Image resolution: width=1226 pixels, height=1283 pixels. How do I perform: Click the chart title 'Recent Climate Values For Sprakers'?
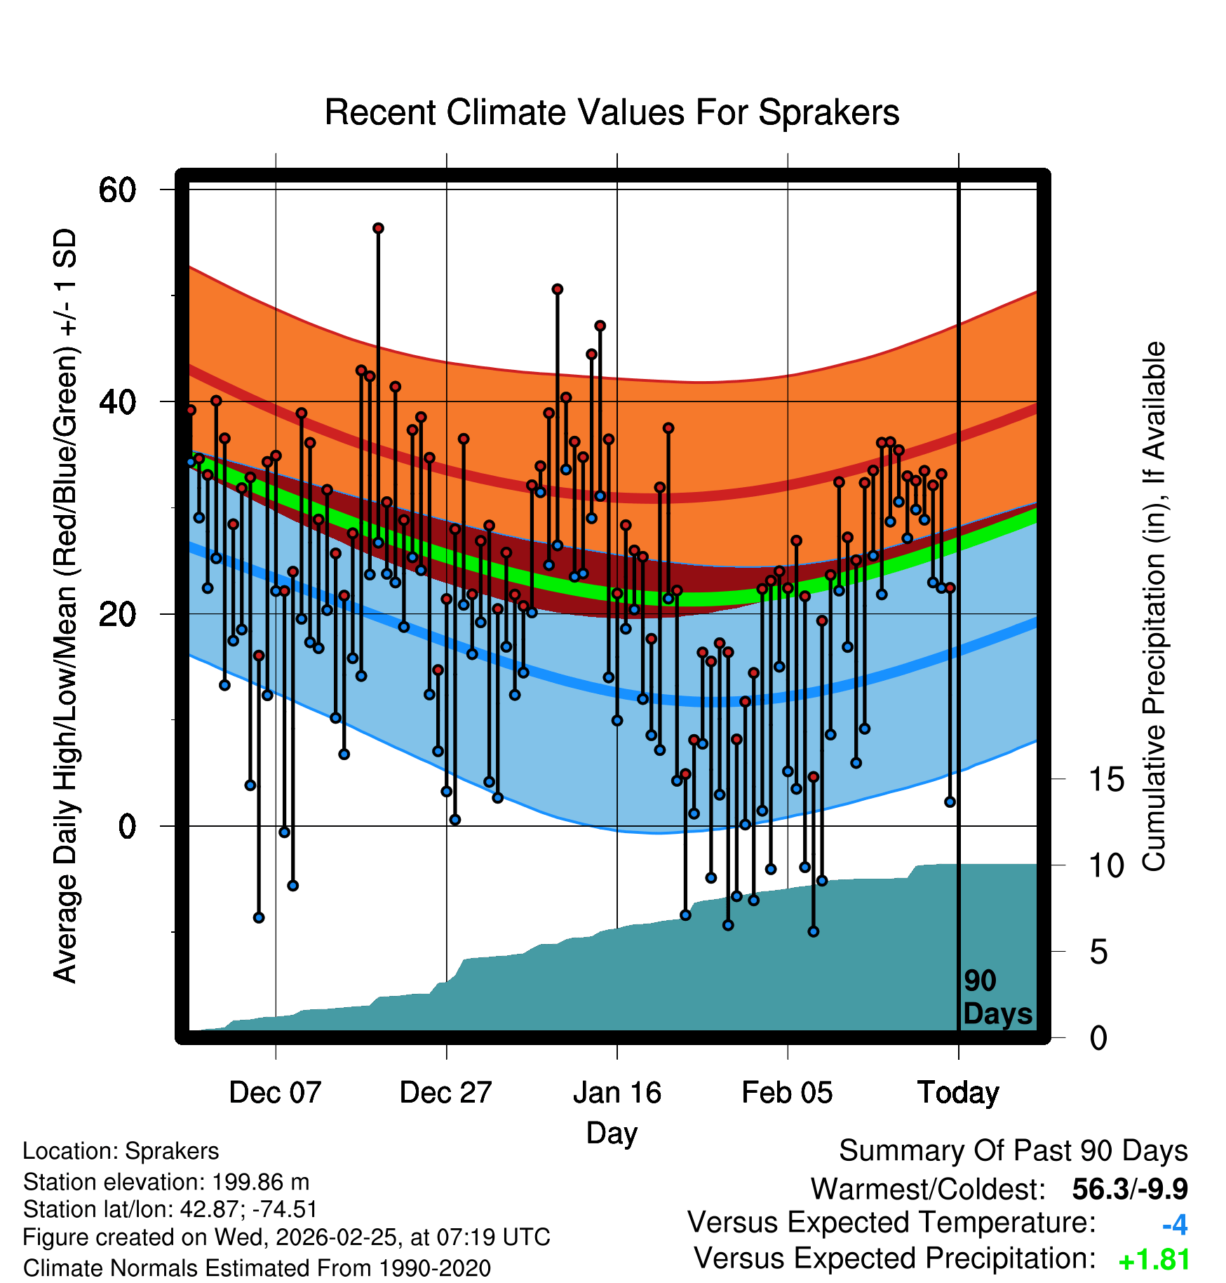tap(612, 113)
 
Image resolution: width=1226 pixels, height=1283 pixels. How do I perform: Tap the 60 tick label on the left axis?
tap(118, 190)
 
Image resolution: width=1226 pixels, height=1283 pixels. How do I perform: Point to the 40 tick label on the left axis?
tap(118, 402)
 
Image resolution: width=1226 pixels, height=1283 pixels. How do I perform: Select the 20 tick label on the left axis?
tap(118, 615)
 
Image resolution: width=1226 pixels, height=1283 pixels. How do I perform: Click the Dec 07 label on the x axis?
tap(275, 1093)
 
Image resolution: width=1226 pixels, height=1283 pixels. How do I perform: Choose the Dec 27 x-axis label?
tap(446, 1093)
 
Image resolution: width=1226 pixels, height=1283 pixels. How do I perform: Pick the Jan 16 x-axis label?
tap(617, 1093)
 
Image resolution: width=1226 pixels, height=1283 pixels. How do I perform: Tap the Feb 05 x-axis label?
tap(787, 1093)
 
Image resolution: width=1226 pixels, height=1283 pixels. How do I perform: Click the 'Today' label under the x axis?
tap(958, 1093)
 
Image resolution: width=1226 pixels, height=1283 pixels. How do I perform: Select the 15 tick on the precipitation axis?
tap(1107, 780)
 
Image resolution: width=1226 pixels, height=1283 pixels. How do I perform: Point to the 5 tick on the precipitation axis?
tap(1098, 952)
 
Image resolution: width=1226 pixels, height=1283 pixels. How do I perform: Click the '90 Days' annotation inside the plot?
tap(997, 997)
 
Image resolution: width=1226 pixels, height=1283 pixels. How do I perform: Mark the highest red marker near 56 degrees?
tap(378, 228)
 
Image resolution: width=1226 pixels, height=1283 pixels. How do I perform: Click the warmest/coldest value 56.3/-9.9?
tap(1129, 1190)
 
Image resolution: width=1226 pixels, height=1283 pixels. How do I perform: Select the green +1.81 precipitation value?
tap(1154, 1261)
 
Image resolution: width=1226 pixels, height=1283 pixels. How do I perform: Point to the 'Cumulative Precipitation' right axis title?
tap(1154, 607)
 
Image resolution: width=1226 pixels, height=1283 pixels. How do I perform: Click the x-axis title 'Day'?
tap(612, 1133)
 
